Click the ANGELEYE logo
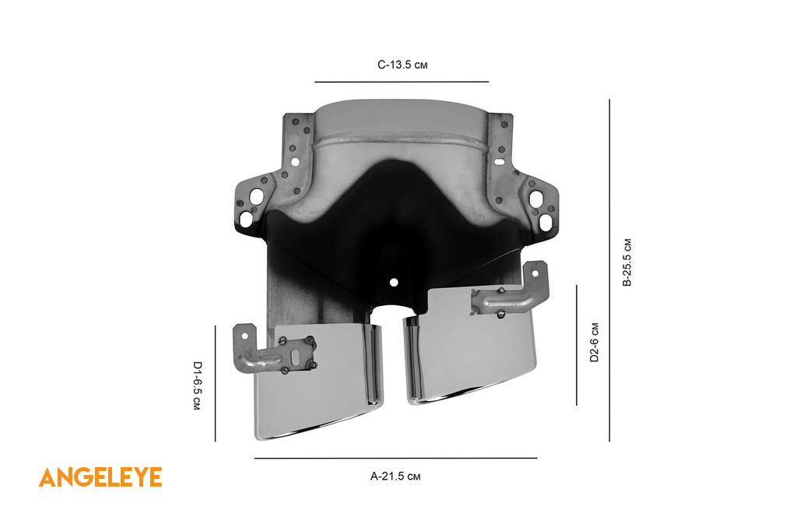(100, 477)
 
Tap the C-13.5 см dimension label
(402, 65)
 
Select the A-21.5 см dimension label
(395, 476)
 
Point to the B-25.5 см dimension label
(627, 262)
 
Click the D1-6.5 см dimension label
(197, 385)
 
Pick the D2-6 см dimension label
(594, 343)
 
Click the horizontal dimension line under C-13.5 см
(402, 82)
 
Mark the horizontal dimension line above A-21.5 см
(396, 459)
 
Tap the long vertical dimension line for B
(609, 270)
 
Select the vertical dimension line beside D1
(216, 384)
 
